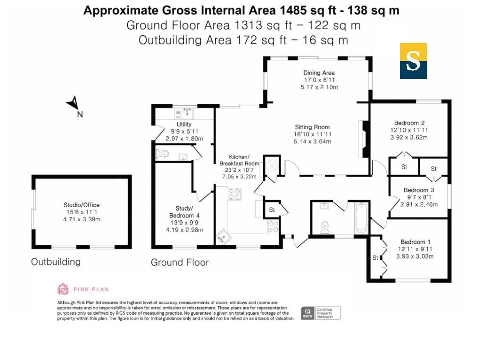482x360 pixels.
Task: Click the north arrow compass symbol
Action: coord(73,103)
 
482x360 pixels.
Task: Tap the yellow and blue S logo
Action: coord(413,61)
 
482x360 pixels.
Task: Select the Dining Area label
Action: coord(319,73)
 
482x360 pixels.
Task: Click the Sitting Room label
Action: coord(312,127)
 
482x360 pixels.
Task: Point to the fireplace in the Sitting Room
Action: coord(364,139)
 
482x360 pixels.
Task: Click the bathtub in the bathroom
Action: coord(361,218)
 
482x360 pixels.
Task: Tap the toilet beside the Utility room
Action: coord(162,153)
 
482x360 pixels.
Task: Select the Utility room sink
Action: coord(187,113)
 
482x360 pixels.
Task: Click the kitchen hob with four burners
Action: coord(234,194)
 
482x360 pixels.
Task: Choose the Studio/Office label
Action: coord(82,205)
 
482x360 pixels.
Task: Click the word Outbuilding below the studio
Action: coord(56,261)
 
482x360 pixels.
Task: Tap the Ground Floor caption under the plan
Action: coord(180,262)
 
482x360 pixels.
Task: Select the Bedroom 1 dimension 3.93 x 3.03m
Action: coord(415,256)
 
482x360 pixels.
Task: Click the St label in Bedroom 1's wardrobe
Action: coord(375,258)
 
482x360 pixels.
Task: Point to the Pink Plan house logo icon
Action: coord(63,289)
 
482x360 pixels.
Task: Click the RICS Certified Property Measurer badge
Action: coord(321,313)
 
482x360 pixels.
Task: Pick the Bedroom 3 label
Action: coord(419,190)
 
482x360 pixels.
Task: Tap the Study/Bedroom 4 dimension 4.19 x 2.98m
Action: coord(184,230)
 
